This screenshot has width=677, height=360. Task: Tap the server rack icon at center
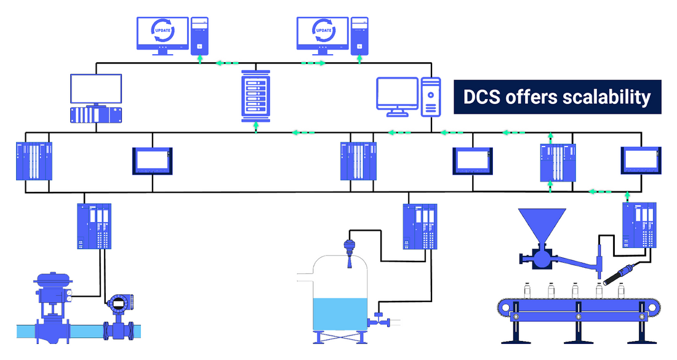(256, 95)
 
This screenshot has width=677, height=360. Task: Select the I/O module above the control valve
(94, 226)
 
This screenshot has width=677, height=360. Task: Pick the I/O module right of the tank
(420, 226)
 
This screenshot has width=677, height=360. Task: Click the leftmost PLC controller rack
(34, 161)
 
